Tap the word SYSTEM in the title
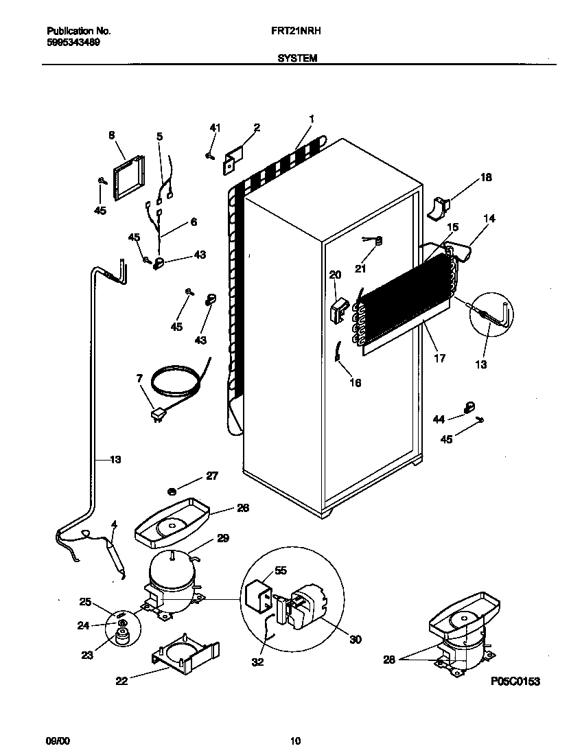pos(297,59)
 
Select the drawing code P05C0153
pos(515,682)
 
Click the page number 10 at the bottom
pos(295,741)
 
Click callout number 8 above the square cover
pos(112,135)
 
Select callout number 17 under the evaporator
pos(439,358)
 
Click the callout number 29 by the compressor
pos(223,538)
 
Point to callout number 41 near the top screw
pos(215,128)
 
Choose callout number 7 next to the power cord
pos(139,378)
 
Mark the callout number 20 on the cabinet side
pos(335,275)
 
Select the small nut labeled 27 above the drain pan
pos(172,491)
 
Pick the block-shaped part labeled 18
pos(439,207)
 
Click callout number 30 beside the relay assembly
pos(355,640)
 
